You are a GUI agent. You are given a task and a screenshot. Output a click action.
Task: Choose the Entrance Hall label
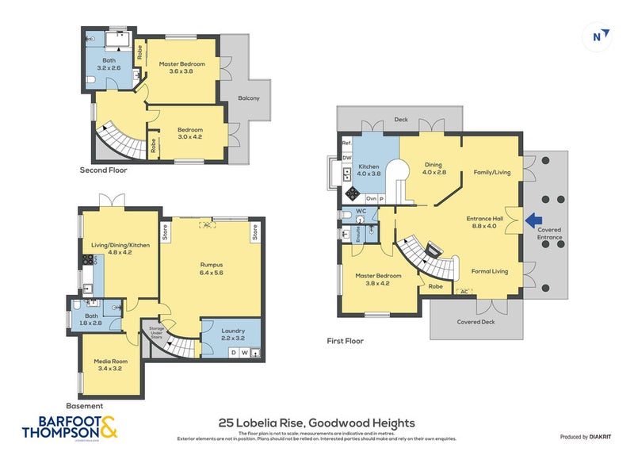point(485,222)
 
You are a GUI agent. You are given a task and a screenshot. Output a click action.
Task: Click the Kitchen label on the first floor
point(369,169)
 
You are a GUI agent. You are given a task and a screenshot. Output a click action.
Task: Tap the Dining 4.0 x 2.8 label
point(433,168)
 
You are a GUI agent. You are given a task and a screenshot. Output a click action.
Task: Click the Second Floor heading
point(103,170)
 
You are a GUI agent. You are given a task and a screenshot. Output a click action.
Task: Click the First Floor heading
point(345,341)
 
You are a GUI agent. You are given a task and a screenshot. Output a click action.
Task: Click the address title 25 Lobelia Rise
point(316,423)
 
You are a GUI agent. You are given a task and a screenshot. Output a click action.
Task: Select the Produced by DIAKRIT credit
point(588,437)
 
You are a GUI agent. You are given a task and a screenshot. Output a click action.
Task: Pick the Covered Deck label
point(475,322)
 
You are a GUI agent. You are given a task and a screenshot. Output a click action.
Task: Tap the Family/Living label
point(491,172)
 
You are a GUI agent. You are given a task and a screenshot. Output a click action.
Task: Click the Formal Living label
point(490,271)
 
